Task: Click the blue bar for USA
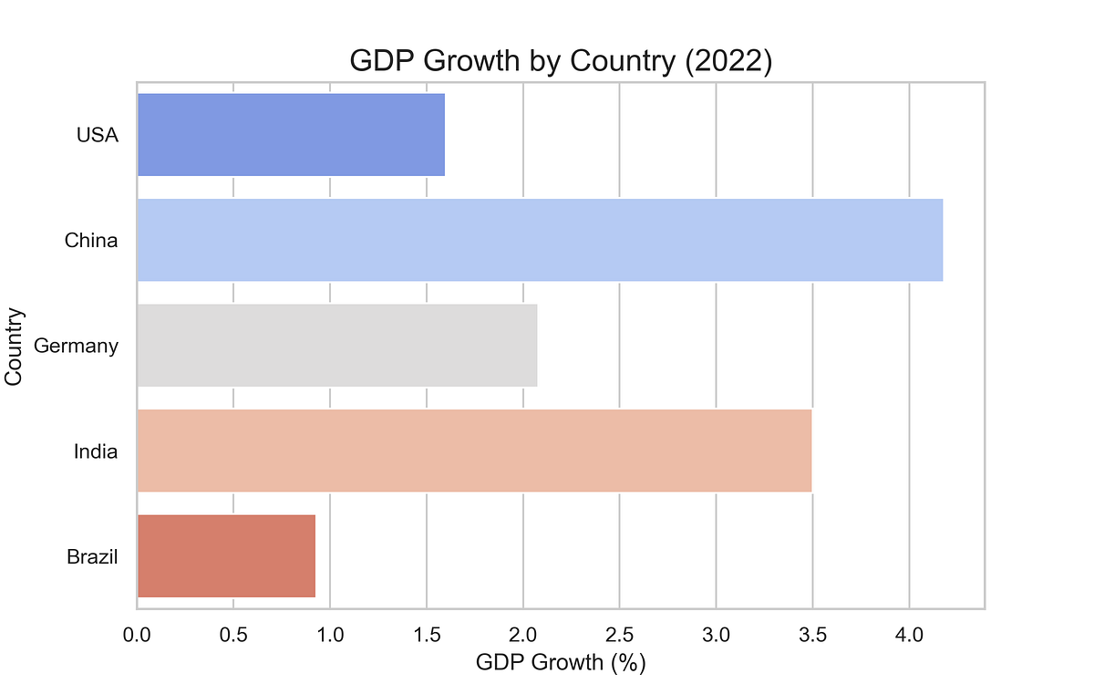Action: (291, 135)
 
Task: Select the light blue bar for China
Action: (540, 240)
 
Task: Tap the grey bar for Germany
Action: (336, 346)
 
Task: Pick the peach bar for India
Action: (474, 451)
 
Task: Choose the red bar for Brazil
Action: (226, 555)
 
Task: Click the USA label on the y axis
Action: (97, 136)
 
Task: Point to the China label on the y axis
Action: (91, 241)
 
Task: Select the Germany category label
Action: (76, 346)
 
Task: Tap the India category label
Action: (96, 451)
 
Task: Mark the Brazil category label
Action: (92, 556)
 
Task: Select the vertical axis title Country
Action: (14, 346)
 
